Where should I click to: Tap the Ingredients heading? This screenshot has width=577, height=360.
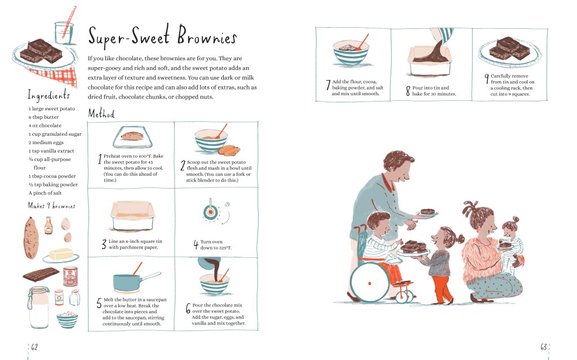[48, 95]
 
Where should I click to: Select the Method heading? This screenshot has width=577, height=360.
[101, 113]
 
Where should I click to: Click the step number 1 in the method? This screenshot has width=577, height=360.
[99, 159]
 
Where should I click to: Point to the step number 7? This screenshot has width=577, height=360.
[328, 85]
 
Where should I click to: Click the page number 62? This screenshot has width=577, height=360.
[34, 346]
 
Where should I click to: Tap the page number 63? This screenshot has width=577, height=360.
[544, 346]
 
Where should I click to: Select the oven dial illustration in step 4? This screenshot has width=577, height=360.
[210, 212]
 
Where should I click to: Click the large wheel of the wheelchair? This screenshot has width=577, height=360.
[370, 283]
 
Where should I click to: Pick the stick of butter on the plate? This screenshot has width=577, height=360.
[61, 254]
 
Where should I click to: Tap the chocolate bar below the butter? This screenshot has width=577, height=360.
[41, 274]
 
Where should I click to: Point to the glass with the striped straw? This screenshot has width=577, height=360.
[64, 33]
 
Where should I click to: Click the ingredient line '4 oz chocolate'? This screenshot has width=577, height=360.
[45, 126]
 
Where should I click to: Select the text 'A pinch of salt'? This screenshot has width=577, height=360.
[45, 193]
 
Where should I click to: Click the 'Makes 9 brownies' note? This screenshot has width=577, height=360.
[51, 206]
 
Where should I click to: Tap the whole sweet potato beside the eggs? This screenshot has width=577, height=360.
[32, 238]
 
